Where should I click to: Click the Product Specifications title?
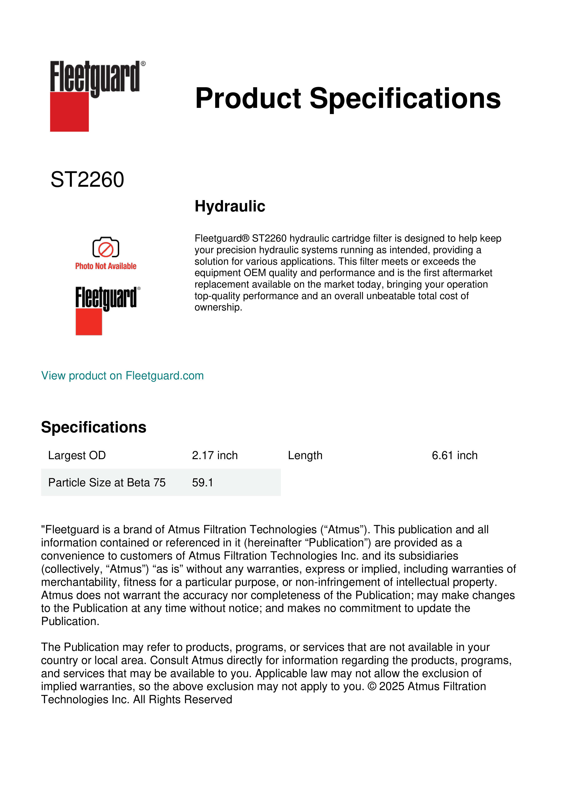coord(348,98)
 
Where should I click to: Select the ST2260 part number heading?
coord(87,180)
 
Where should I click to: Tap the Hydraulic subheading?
coord(230,206)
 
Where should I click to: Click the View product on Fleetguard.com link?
coord(123,376)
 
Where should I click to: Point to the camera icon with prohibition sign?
coord(106,247)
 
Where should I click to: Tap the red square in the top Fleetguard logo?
coord(69,112)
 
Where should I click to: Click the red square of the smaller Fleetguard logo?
coord(89,322)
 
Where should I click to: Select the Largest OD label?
coord(77,455)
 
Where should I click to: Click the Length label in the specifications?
coord(305,455)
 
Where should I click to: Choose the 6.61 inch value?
coord(454,455)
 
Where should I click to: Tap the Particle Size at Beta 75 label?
coord(107,482)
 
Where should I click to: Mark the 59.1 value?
coord(203,482)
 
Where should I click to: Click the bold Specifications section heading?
coord(93,427)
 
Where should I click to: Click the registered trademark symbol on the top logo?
coord(143,64)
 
